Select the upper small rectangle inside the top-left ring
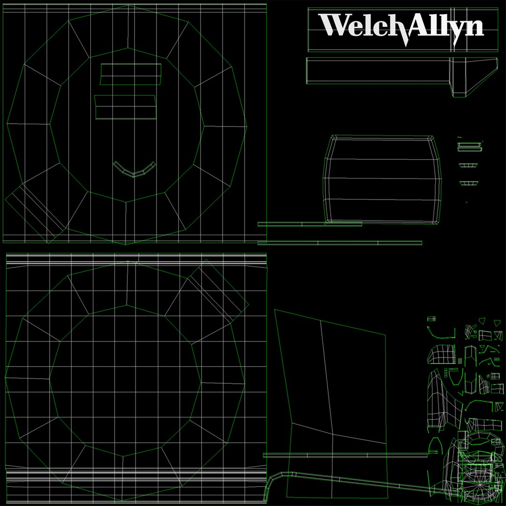[131, 74]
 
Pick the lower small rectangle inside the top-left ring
[126, 107]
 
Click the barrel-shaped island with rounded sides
[382, 179]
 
